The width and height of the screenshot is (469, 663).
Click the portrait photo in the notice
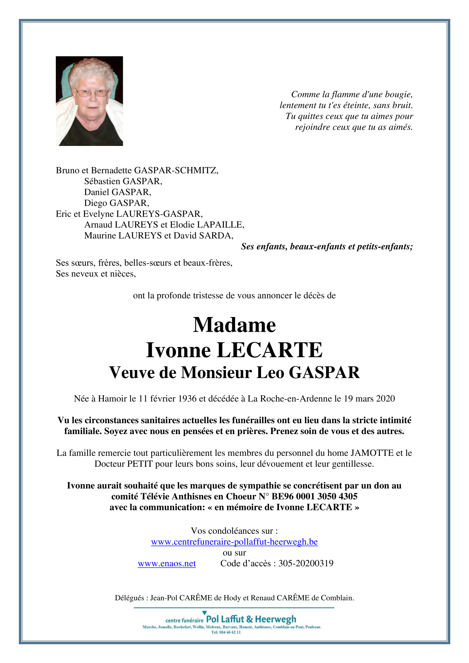[89, 101]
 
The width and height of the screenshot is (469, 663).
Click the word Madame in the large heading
[234, 325]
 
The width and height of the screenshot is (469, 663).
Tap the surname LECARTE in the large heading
[269, 350]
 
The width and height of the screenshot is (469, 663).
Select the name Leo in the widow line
[270, 372]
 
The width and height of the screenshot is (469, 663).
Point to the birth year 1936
[187, 399]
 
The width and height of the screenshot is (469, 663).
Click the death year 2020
[385, 399]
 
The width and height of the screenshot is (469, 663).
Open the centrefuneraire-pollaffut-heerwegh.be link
[234, 542]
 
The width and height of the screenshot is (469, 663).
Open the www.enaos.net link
[167, 563]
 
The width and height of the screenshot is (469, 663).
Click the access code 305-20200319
[306, 563]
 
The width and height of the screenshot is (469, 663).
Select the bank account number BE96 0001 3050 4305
[314, 496]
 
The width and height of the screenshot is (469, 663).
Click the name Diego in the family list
[95, 203]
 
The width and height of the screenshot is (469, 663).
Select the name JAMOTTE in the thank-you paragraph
[372, 453]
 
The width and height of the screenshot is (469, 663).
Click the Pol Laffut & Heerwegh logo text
[251, 619]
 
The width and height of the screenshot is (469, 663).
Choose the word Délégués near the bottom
[130, 598]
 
